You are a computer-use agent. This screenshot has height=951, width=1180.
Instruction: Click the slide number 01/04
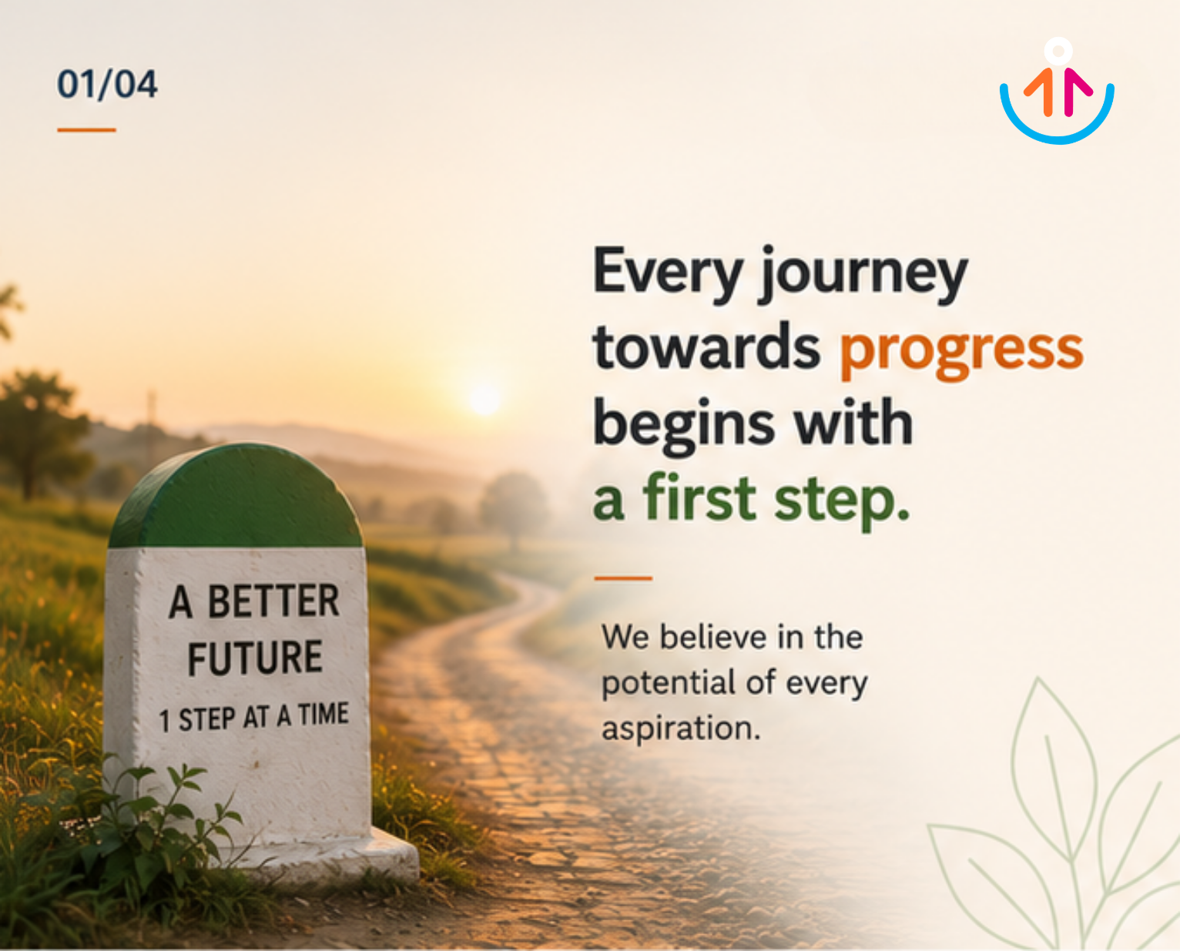point(108,85)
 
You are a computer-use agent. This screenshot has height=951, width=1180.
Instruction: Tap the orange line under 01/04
point(86,130)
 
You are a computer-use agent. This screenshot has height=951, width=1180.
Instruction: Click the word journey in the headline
point(863,274)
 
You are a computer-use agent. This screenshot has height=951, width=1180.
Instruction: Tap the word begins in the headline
point(684,426)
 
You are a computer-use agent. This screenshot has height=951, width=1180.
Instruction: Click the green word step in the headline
point(842,501)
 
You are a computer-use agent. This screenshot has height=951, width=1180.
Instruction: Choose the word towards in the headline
point(706,347)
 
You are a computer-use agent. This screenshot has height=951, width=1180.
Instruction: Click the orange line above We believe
point(623,578)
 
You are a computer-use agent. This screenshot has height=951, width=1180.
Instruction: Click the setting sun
point(484,398)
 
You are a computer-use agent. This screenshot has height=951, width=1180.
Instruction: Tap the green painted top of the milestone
point(236,499)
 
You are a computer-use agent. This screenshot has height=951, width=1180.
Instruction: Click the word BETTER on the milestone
point(273,601)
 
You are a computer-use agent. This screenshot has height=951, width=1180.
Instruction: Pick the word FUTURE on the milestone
point(255,657)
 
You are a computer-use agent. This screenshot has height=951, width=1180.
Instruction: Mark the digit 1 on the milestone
point(164,721)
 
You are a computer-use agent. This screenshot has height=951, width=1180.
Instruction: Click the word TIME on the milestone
point(323,714)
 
